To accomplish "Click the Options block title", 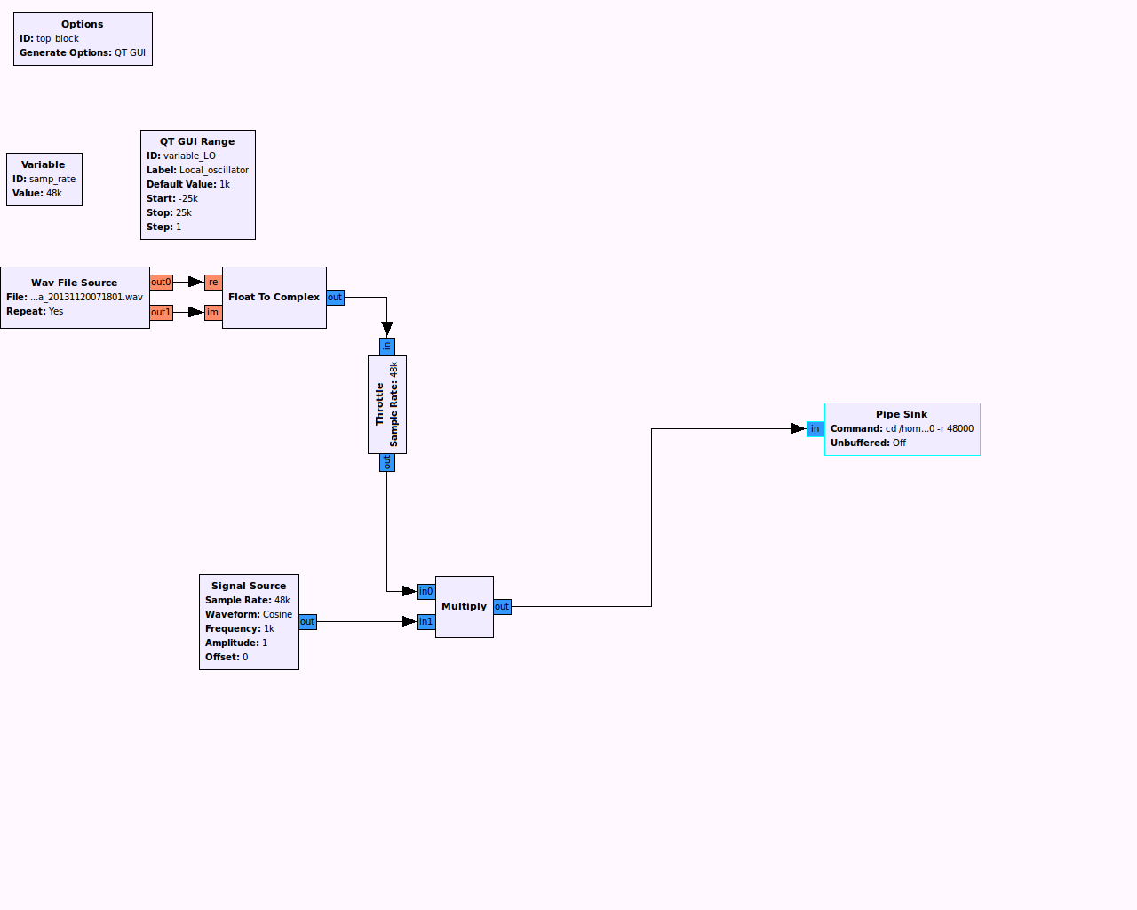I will pyautogui.click(x=82, y=24).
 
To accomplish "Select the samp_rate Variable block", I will pyautogui.click(x=44, y=179).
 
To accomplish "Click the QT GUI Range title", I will pyautogui.click(x=197, y=141).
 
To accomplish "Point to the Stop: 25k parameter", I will pyautogui.click(x=169, y=212).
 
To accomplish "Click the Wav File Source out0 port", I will pyautogui.click(x=161, y=283).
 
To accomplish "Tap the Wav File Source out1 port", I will pyautogui.click(x=161, y=312).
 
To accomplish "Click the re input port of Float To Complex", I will pyautogui.click(x=213, y=283).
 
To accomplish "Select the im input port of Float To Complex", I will pyautogui.click(x=213, y=312).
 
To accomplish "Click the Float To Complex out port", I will pyautogui.click(x=335, y=298).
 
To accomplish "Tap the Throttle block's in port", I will pyautogui.click(x=386, y=347).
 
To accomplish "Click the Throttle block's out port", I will pyautogui.click(x=386, y=462).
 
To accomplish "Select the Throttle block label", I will pyautogui.click(x=380, y=404).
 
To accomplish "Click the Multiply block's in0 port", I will pyautogui.click(x=426, y=591).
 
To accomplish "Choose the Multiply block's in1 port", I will pyautogui.click(x=426, y=621).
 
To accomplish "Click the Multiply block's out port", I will pyautogui.click(x=502, y=607).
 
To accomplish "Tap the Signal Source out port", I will pyautogui.click(x=307, y=621).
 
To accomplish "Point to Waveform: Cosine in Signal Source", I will pyautogui.click(x=249, y=614).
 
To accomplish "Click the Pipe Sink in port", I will pyautogui.click(x=815, y=429).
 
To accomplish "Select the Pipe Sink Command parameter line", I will pyautogui.click(x=902, y=428).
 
